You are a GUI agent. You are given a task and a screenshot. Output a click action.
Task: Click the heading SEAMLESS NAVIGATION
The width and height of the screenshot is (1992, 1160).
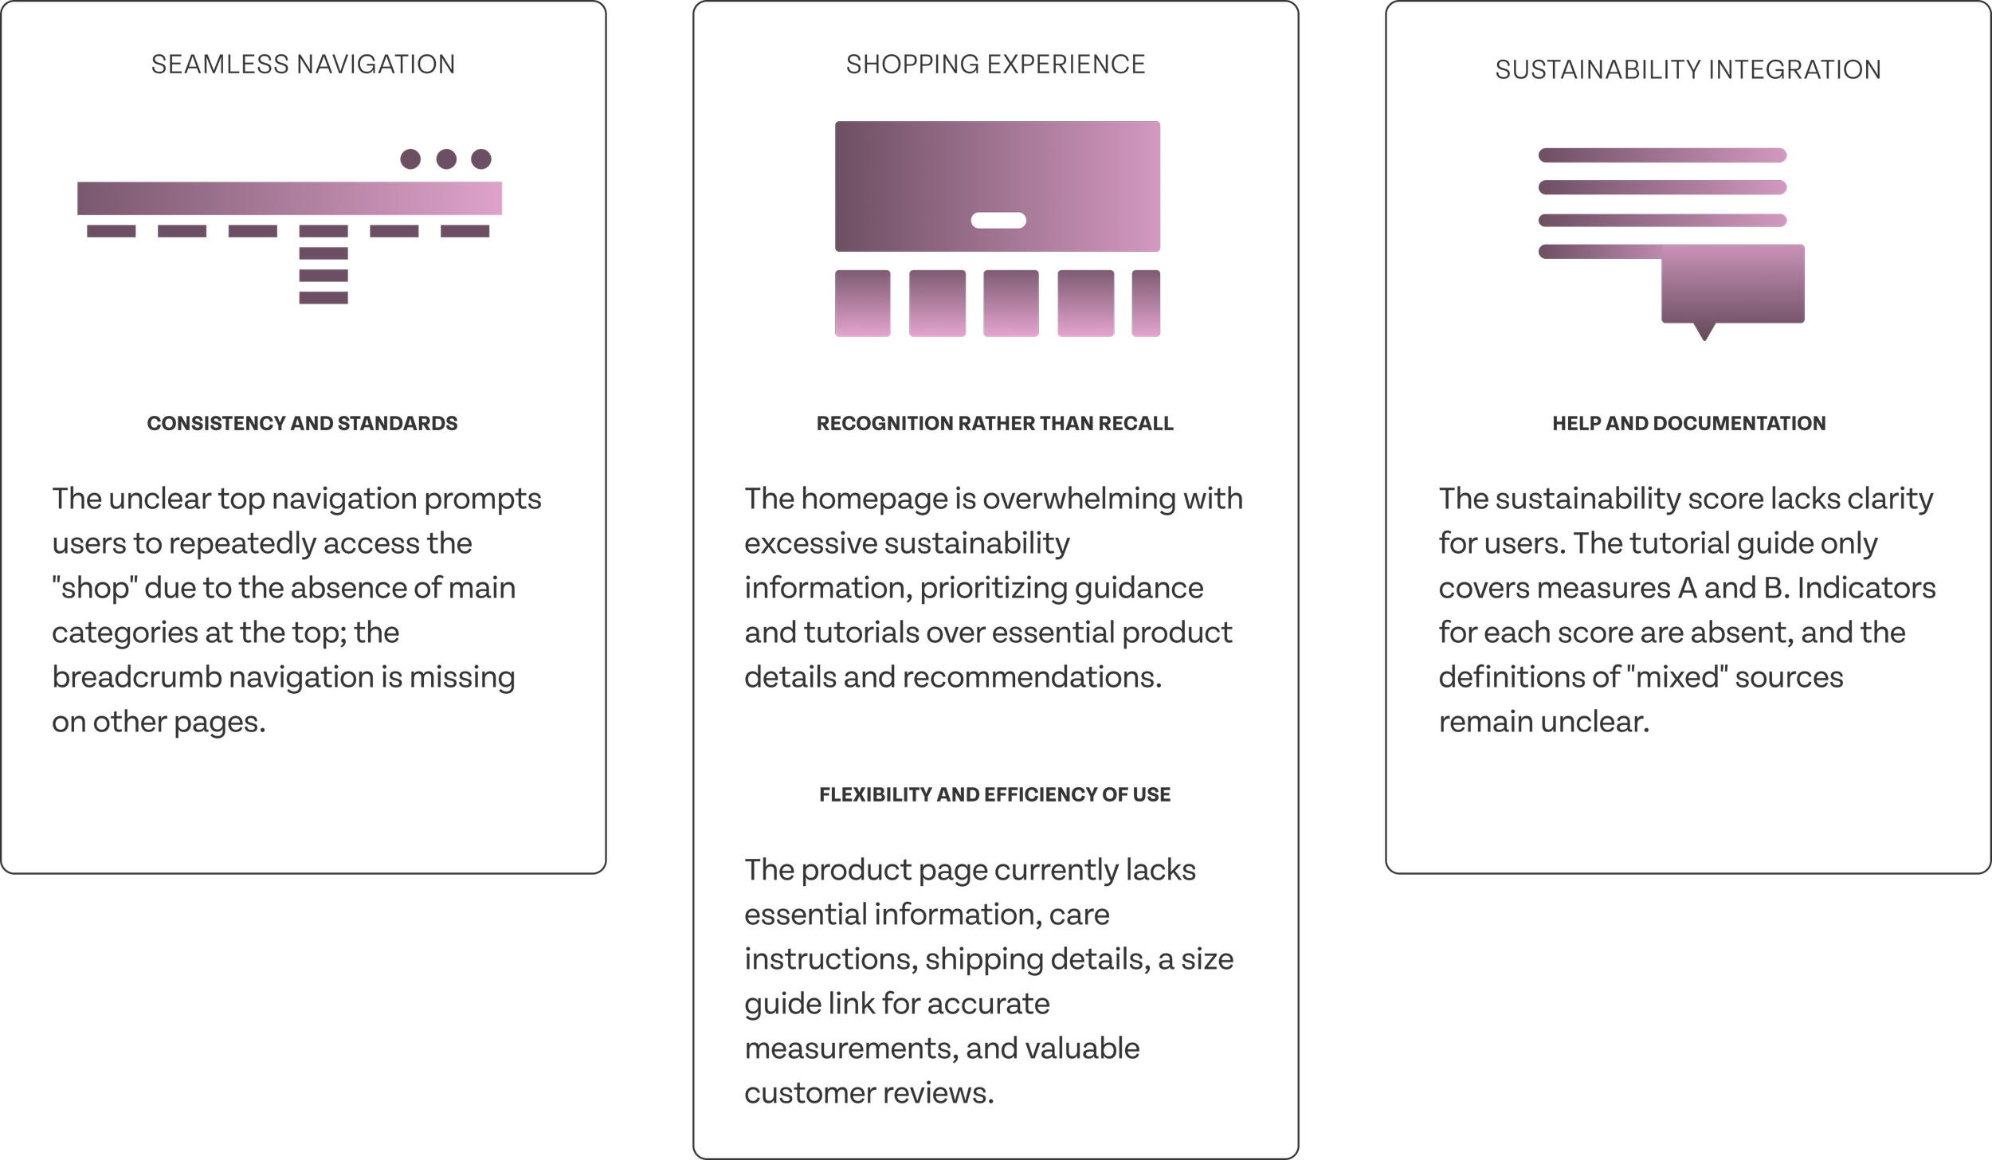[303, 65]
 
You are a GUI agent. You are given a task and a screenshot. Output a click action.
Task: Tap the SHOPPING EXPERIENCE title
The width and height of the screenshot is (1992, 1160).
[995, 65]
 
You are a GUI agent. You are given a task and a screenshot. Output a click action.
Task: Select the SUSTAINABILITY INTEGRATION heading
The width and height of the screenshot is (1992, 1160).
[1688, 70]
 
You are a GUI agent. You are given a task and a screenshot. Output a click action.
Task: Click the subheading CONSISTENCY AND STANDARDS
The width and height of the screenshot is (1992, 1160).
[302, 423]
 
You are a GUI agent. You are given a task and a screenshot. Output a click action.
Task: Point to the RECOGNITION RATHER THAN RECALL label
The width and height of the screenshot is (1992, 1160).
[994, 423]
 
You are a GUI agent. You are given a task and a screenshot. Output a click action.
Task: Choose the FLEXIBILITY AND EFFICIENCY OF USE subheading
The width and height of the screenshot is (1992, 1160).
[994, 794]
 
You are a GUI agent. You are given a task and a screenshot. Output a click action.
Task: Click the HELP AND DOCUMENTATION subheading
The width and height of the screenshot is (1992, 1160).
[1688, 423]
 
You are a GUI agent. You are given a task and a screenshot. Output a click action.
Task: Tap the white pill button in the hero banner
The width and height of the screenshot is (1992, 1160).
[998, 221]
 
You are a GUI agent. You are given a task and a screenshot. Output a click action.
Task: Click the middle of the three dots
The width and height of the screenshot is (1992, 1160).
[446, 159]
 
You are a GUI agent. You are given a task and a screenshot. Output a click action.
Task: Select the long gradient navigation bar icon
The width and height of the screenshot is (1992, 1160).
[290, 198]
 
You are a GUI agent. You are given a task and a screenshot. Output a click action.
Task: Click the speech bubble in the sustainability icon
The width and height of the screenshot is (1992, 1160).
[1732, 285]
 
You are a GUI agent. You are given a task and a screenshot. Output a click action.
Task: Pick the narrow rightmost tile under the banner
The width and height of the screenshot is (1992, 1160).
[1145, 304]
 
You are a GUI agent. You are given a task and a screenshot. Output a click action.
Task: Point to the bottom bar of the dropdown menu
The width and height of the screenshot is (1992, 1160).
[324, 298]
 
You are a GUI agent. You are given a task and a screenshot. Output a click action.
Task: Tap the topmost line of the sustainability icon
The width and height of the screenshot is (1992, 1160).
[1661, 155]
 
